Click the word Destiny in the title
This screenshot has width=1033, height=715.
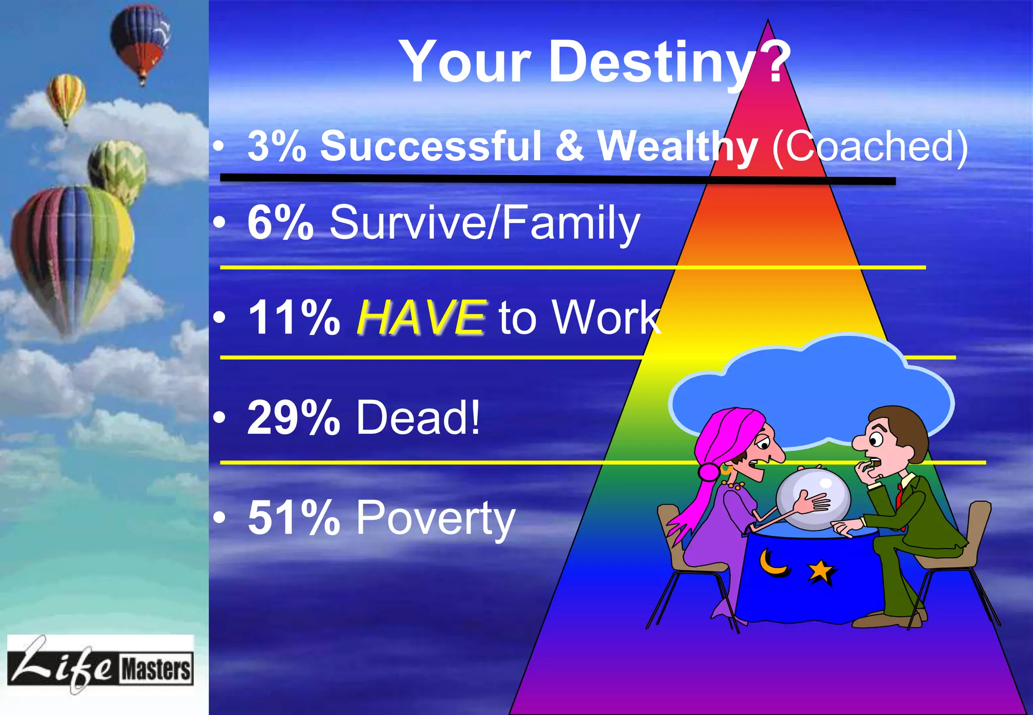(x=651, y=63)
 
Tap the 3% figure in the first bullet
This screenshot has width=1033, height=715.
(x=277, y=146)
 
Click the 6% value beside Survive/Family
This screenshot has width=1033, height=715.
(x=280, y=222)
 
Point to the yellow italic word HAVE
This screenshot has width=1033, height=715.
(x=422, y=317)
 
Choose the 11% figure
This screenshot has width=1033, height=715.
(x=294, y=317)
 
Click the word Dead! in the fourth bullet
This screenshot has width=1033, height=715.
(x=418, y=417)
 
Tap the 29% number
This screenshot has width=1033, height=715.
(x=294, y=417)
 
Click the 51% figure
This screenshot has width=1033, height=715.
(x=294, y=518)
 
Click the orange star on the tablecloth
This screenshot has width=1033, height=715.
(x=821, y=571)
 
